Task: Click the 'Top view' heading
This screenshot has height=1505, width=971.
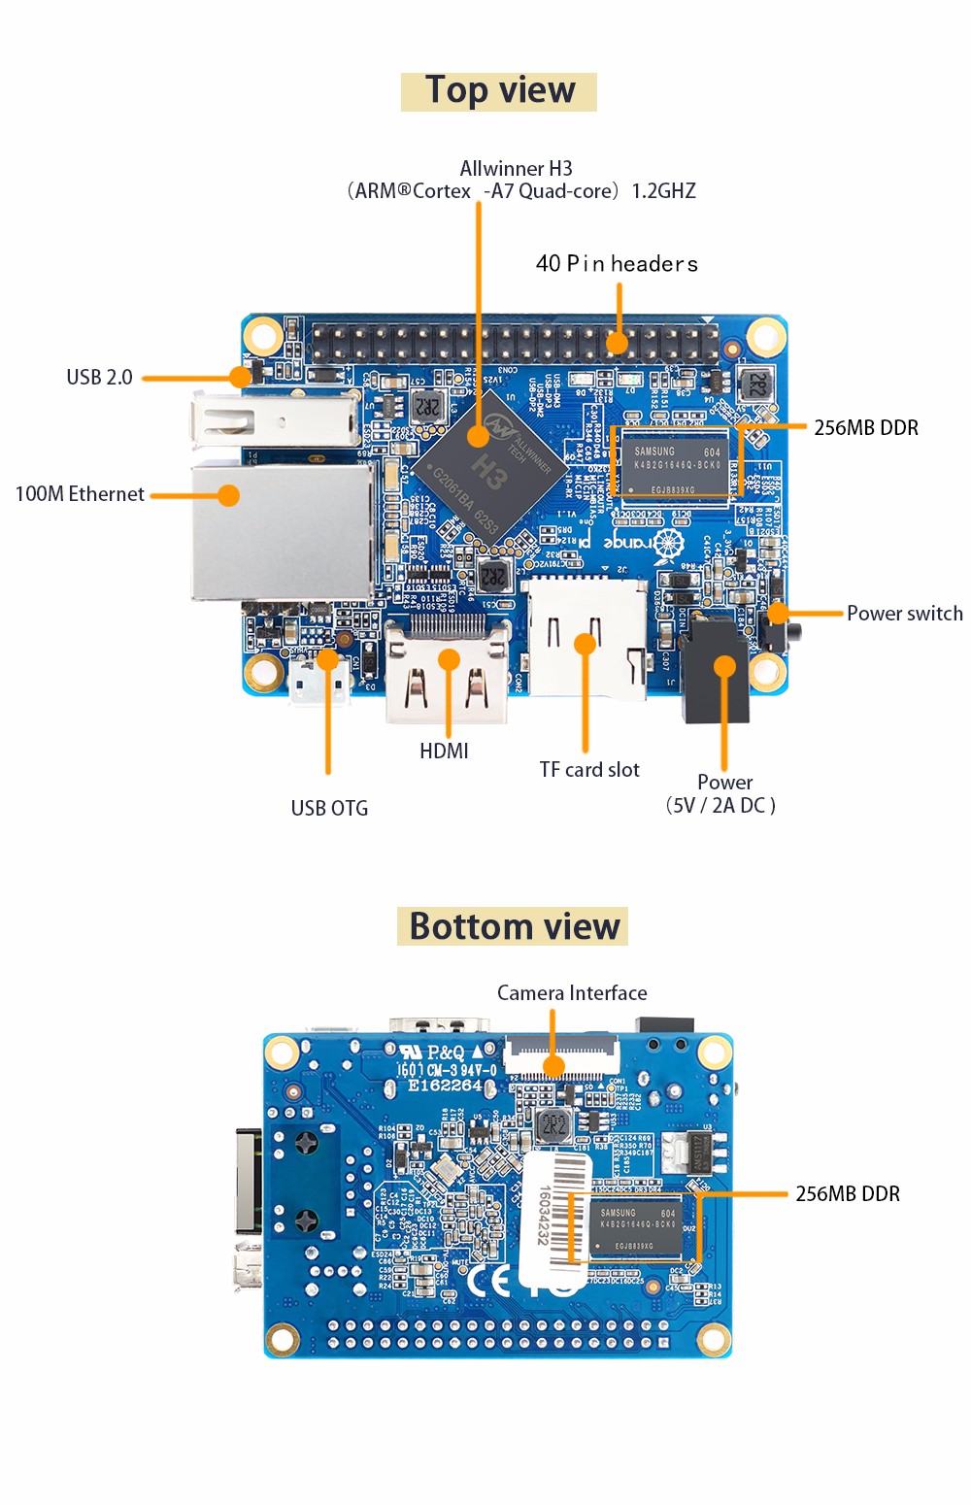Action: tap(499, 91)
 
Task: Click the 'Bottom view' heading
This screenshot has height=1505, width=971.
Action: tap(514, 926)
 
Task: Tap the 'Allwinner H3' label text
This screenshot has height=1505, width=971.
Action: tap(516, 169)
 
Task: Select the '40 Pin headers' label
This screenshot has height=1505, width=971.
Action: tap(617, 263)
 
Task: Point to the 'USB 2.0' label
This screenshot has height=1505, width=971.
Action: tap(99, 377)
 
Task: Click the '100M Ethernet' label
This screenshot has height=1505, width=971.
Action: tap(80, 494)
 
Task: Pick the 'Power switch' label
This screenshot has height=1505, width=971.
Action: tap(904, 614)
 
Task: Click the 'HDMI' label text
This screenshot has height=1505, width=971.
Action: tap(444, 751)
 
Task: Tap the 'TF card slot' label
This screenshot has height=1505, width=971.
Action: tap(589, 770)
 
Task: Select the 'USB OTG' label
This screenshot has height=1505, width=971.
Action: tap(329, 808)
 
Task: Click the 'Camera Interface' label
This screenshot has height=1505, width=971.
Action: tap(572, 993)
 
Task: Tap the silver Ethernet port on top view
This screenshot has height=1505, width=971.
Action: tap(282, 531)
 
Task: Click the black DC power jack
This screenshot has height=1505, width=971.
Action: tap(716, 670)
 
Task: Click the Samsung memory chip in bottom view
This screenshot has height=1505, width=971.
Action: tap(636, 1227)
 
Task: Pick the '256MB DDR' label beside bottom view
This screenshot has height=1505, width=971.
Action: tap(848, 1194)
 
